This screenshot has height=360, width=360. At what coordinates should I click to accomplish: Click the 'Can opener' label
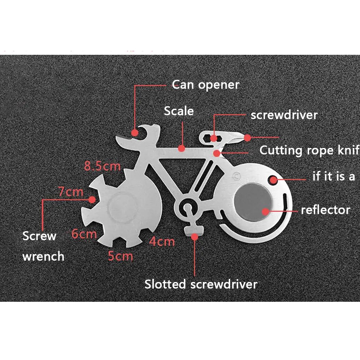coord(205,85)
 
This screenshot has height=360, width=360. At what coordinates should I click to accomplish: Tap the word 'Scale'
coord(179,111)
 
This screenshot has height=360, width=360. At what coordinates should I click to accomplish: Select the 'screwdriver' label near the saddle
coord(284,115)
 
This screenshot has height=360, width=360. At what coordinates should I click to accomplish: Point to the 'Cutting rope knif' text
coord(309,150)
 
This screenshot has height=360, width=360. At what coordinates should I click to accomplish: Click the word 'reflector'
coord(325,210)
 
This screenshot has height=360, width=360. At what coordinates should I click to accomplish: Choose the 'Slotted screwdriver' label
coord(201,284)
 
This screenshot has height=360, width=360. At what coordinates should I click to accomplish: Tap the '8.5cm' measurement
coord(102,166)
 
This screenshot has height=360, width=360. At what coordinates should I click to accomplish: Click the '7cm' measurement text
coord(71,192)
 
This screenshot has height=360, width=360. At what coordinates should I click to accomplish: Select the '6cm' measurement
coord(84,234)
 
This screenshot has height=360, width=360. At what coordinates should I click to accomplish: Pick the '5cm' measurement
coord(120,256)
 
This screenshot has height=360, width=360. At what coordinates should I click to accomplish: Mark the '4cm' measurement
coord(162,242)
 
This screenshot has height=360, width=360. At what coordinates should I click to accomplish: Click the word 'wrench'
coord(43,256)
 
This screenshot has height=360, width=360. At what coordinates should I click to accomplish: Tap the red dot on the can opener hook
coord(135,133)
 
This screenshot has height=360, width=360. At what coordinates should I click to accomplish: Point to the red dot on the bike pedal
coord(194,236)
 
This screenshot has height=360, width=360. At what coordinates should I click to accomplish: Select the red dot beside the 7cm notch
coord(92,199)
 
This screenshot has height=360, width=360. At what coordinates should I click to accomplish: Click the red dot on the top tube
coord(182,149)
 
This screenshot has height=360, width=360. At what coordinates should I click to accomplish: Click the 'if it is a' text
coord(334,176)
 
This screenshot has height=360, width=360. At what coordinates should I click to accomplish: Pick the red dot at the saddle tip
coord(247,137)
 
